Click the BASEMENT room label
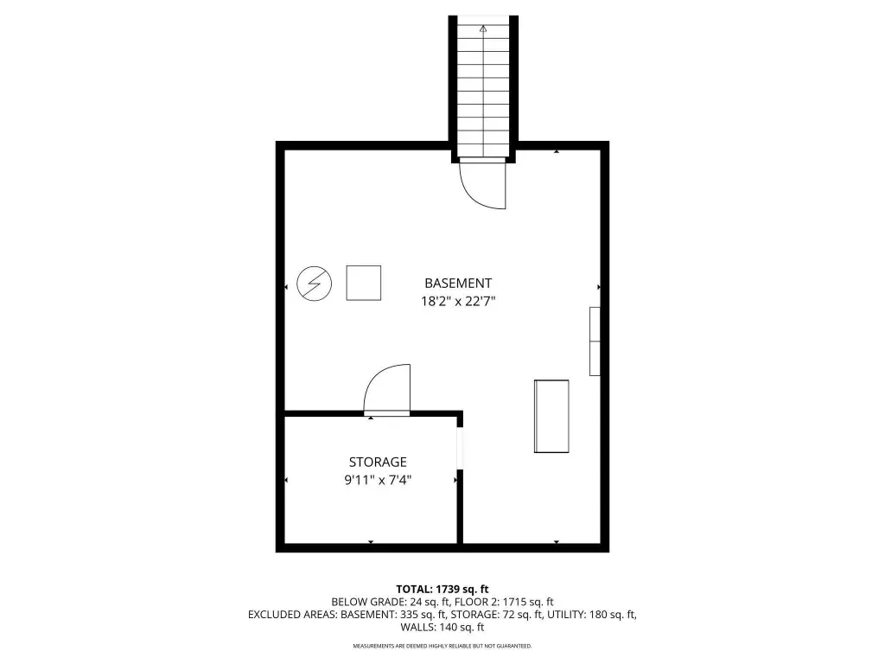click(x=458, y=283)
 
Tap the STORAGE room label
click(x=378, y=462)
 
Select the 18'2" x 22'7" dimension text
click(x=458, y=301)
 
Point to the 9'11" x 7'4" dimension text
click(x=378, y=480)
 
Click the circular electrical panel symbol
click(x=315, y=284)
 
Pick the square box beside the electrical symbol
click(x=364, y=283)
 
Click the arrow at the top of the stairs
click(x=483, y=29)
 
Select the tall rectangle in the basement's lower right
click(x=551, y=416)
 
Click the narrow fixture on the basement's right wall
click(x=595, y=341)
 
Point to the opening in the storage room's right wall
click(x=460, y=448)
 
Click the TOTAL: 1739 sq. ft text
click(x=442, y=590)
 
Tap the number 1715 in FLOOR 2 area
click(x=515, y=602)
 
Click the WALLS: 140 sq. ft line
click(x=442, y=627)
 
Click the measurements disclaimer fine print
click(x=442, y=646)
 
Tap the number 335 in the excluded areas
click(x=410, y=615)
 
